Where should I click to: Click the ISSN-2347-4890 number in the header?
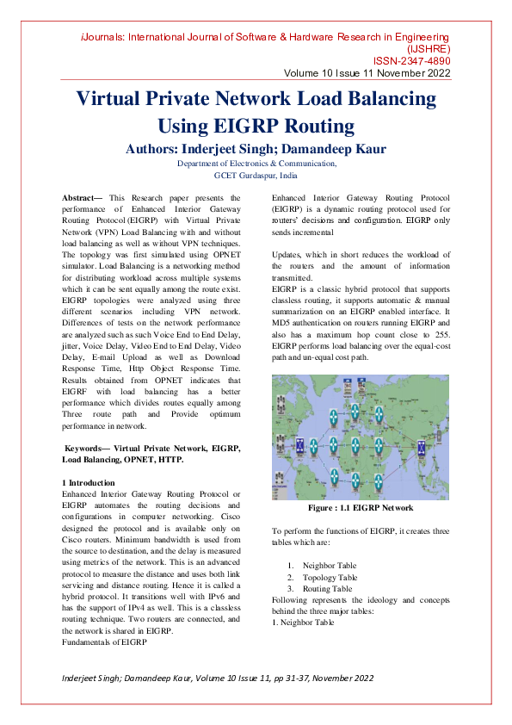coord(411,61)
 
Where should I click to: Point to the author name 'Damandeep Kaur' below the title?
coord(310,149)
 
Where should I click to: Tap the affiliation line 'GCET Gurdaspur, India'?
coord(256,174)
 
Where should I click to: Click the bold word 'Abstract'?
coord(79,198)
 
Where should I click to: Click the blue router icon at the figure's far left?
coord(299,445)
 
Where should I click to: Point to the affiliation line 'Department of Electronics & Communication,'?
coord(256,163)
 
